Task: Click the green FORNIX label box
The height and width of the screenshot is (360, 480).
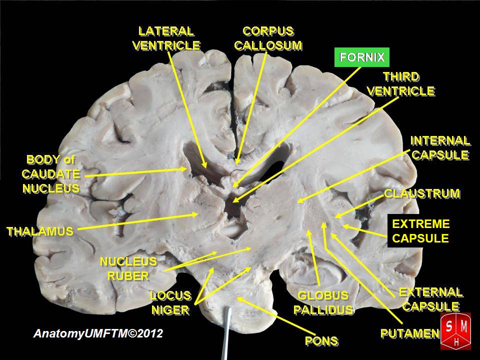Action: pyautogui.click(x=362, y=57)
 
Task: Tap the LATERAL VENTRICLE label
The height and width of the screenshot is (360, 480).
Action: pyautogui.click(x=166, y=38)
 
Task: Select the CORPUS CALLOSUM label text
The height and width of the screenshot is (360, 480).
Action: pyautogui.click(x=268, y=38)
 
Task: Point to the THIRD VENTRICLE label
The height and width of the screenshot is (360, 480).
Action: pyautogui.click(x=400, y=83)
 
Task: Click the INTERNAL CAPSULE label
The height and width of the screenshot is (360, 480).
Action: pyautogui.click(x=440, y=147)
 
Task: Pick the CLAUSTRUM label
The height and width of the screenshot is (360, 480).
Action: pyautogui.click(x=421, y=193)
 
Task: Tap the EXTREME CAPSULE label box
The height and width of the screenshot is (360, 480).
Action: pyautogui.click(x=420, y=230)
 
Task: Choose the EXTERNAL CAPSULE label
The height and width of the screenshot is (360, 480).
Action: pyautogui.click(x=430, y=298)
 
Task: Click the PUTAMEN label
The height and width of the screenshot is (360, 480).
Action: pyautogui.click(x=409, y=332)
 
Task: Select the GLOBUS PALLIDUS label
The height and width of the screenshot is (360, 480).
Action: pyautogui.click(x=322, y=302)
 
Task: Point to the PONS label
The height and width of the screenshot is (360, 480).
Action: pyautogui.click(x=321, y=341)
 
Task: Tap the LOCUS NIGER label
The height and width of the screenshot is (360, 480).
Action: pyautogui.click(x=170, y=302)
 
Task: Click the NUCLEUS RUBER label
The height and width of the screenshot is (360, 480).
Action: pyautogui.click(x=128, y=268)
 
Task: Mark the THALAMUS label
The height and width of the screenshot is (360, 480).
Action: pyautogui.click(x=39, y=231)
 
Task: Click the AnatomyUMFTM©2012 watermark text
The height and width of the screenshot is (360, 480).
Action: pyautogui.click(x=98, y=333)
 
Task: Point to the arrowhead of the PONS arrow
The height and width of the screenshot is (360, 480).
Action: pyautogui.click(x=238, y=298)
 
